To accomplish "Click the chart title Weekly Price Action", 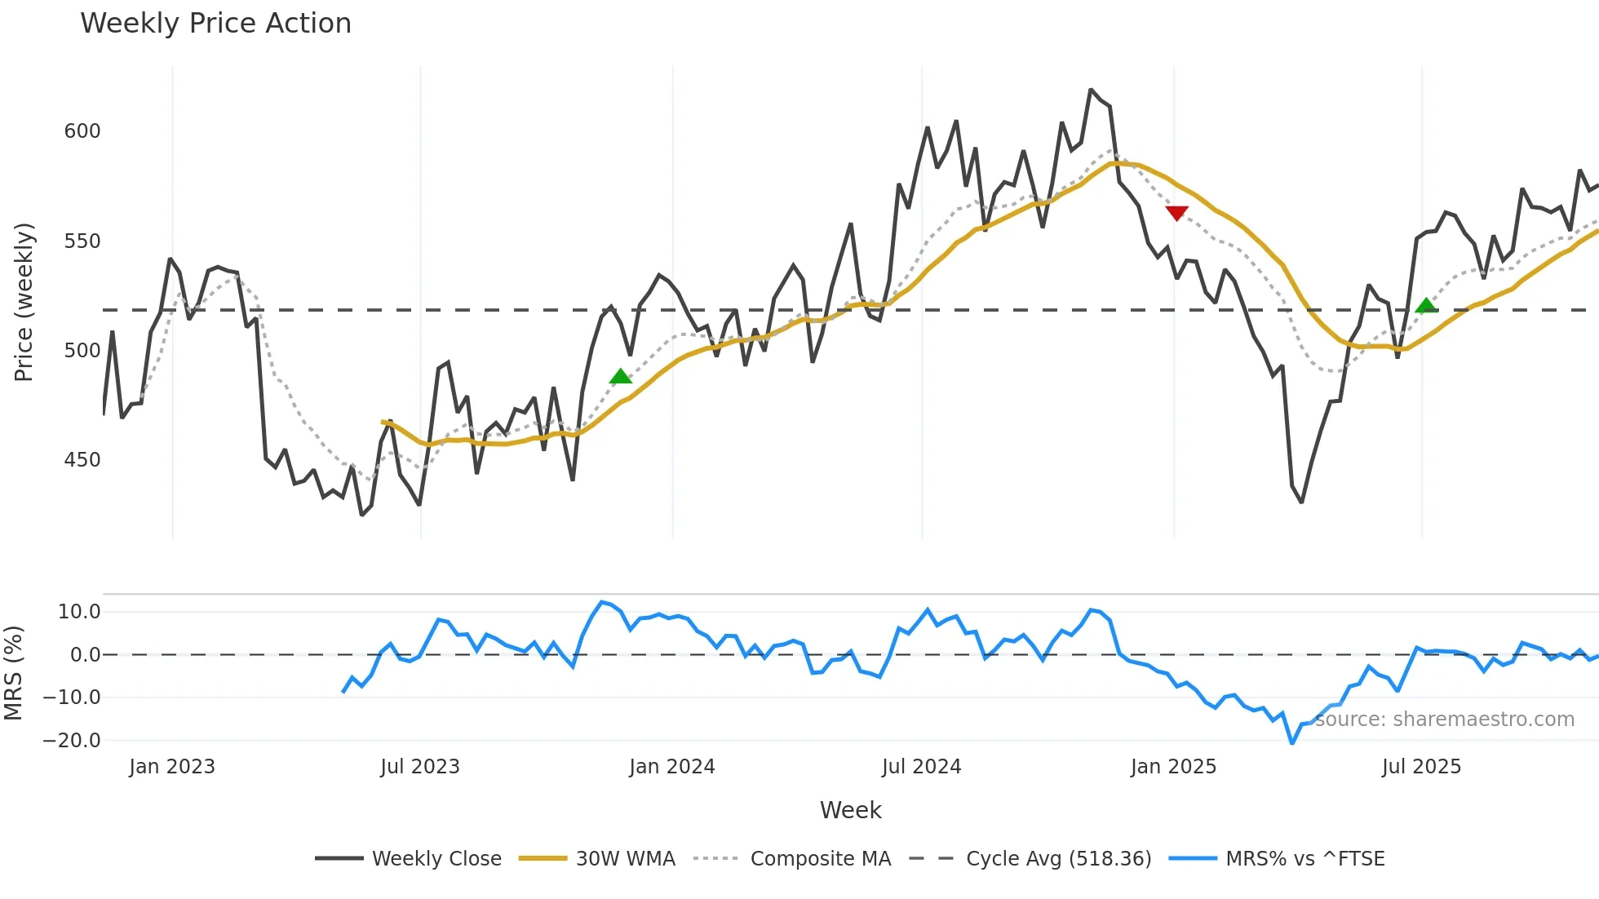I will (x=215, y=23).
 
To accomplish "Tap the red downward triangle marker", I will (x=1176, y=213).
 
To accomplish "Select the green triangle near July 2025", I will (x=1425, y=306).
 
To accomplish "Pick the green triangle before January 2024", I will (x=621, y=376).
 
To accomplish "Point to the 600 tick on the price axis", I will (x=82, y=131).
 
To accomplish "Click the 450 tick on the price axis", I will (x=82, y=460).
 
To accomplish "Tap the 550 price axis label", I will (x=82, y=241).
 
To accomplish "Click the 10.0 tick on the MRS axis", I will (x=79, y=612).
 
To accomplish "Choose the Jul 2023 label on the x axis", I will (x=420, y=767).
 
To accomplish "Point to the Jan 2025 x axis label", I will (x=1173, y=767).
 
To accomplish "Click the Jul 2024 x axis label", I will (x=922, y=767).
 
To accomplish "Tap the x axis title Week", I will (x=850, y=810).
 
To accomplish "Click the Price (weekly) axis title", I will (x=24, y=302).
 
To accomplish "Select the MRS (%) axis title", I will (x=13, y=673).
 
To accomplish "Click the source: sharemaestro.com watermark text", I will (x=1444, y=720).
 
